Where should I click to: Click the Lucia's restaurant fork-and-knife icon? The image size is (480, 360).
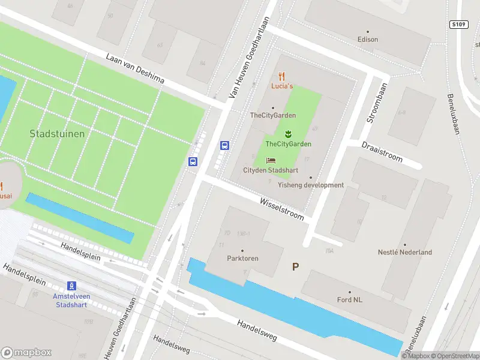pyautogui.click(x=282, y=76)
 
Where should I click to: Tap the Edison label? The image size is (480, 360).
pyautogui.click(x=368, y=40)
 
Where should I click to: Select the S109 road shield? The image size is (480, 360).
pyautogui.click(x=458, y=25)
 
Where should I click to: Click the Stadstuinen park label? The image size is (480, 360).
pyautogui.click(x=57, y=134)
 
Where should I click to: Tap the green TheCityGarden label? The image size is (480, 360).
pyautogui.click(x=288, y=144)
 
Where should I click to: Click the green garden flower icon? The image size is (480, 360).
pyautogui.click(x=288, y=133)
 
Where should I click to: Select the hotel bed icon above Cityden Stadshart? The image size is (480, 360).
pyautogui.click(x=271, y=160)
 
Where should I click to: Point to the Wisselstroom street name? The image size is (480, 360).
pyautogui.click(x=282, y=208)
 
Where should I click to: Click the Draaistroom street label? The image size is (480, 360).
pyautogui.click(x=382, y=151)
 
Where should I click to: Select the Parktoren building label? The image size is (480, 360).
pyautogui.click(x=242, y=259)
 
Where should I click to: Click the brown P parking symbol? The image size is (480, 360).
pyautogui.click(x=295, y=266)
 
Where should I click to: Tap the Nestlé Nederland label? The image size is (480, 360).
pyautogui.click(x=404, y=253)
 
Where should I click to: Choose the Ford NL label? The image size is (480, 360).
pyautogui.click(x=349, y=299)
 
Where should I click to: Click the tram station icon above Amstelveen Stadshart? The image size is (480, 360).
pyautogui.click(x=71, y=286)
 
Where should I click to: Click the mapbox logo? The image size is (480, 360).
pyautogui.click(x=26, y=353)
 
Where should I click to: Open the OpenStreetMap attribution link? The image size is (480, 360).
pyautogui.click(x=455, y=356)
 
